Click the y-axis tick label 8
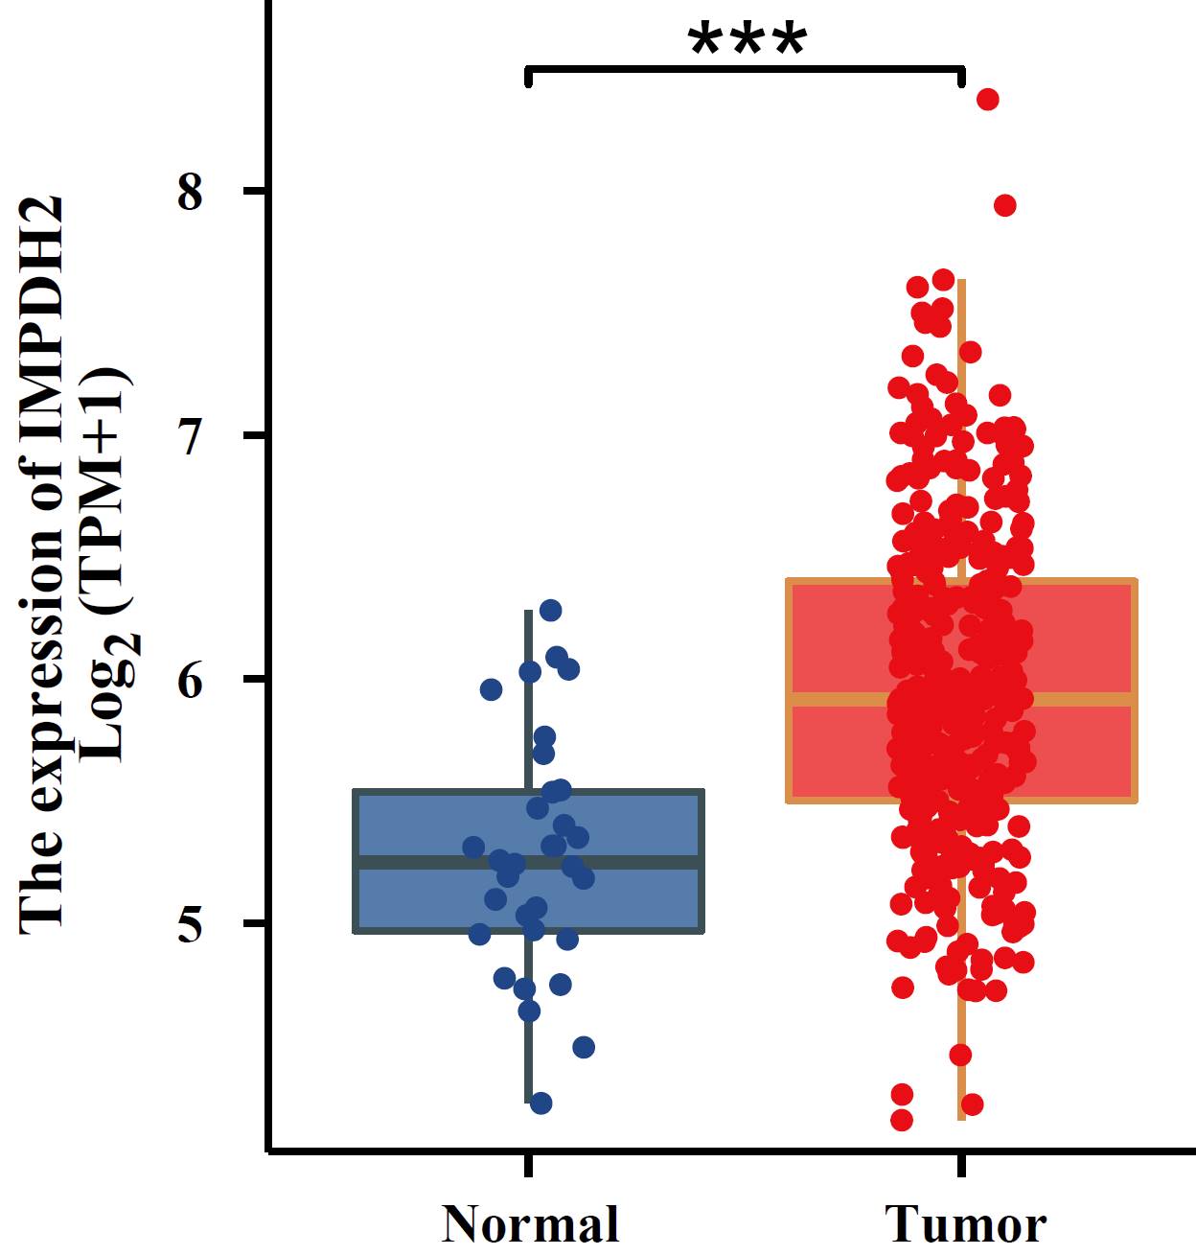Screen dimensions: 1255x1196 pyautogui.click(x=191, y=193)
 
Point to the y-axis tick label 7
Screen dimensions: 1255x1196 pyautogui.click(x=191, y=437)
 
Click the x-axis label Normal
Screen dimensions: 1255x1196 pyautogui.click(x=530, y=1225)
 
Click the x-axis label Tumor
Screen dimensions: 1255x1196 pyautogui.click(x=964, y=1225)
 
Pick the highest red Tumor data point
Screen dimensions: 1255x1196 pyautogui.click(x=987, y=100)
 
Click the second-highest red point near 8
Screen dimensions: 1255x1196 pyautogui.click(x=1004, y=205)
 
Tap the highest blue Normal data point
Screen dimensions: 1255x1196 pyautogui.click(x=550, y=611)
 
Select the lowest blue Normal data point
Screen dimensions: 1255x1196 pyautogui.click(x=540, y=1104)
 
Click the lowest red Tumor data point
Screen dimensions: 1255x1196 pyautogui.click(x=902, y=1120)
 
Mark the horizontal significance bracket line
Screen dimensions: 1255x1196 pyautogui.click(x=744, y=70)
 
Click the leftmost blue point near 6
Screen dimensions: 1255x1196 pyautogui.click(x=492, y=689)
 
